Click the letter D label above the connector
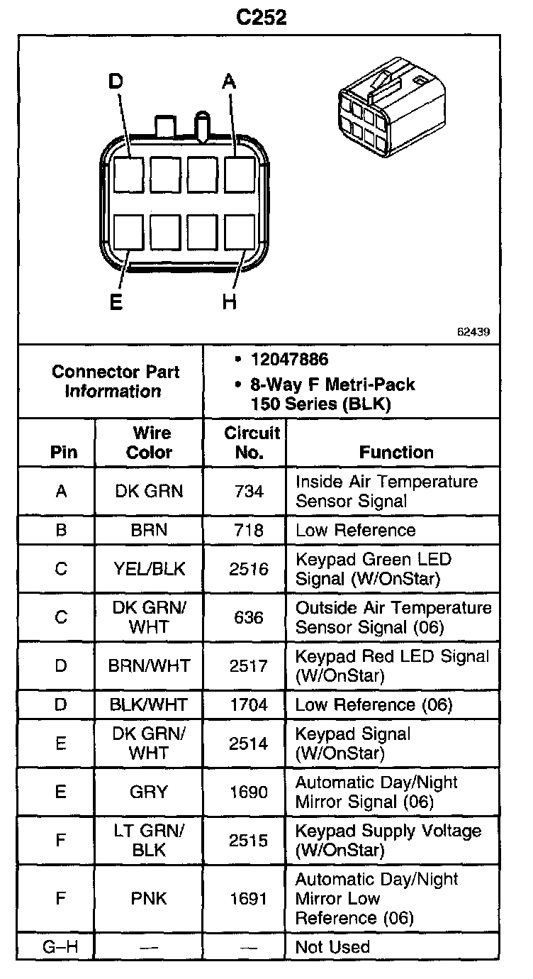116,82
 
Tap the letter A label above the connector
228,82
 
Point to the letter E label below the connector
116,302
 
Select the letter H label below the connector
228,302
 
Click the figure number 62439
474,331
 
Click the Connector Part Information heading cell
116,381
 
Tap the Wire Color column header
149,443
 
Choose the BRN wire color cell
149,530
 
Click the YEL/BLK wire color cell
149,569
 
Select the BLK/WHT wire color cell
149,704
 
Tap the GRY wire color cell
149,792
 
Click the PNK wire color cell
149,898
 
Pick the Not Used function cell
332,946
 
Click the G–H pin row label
61,946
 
